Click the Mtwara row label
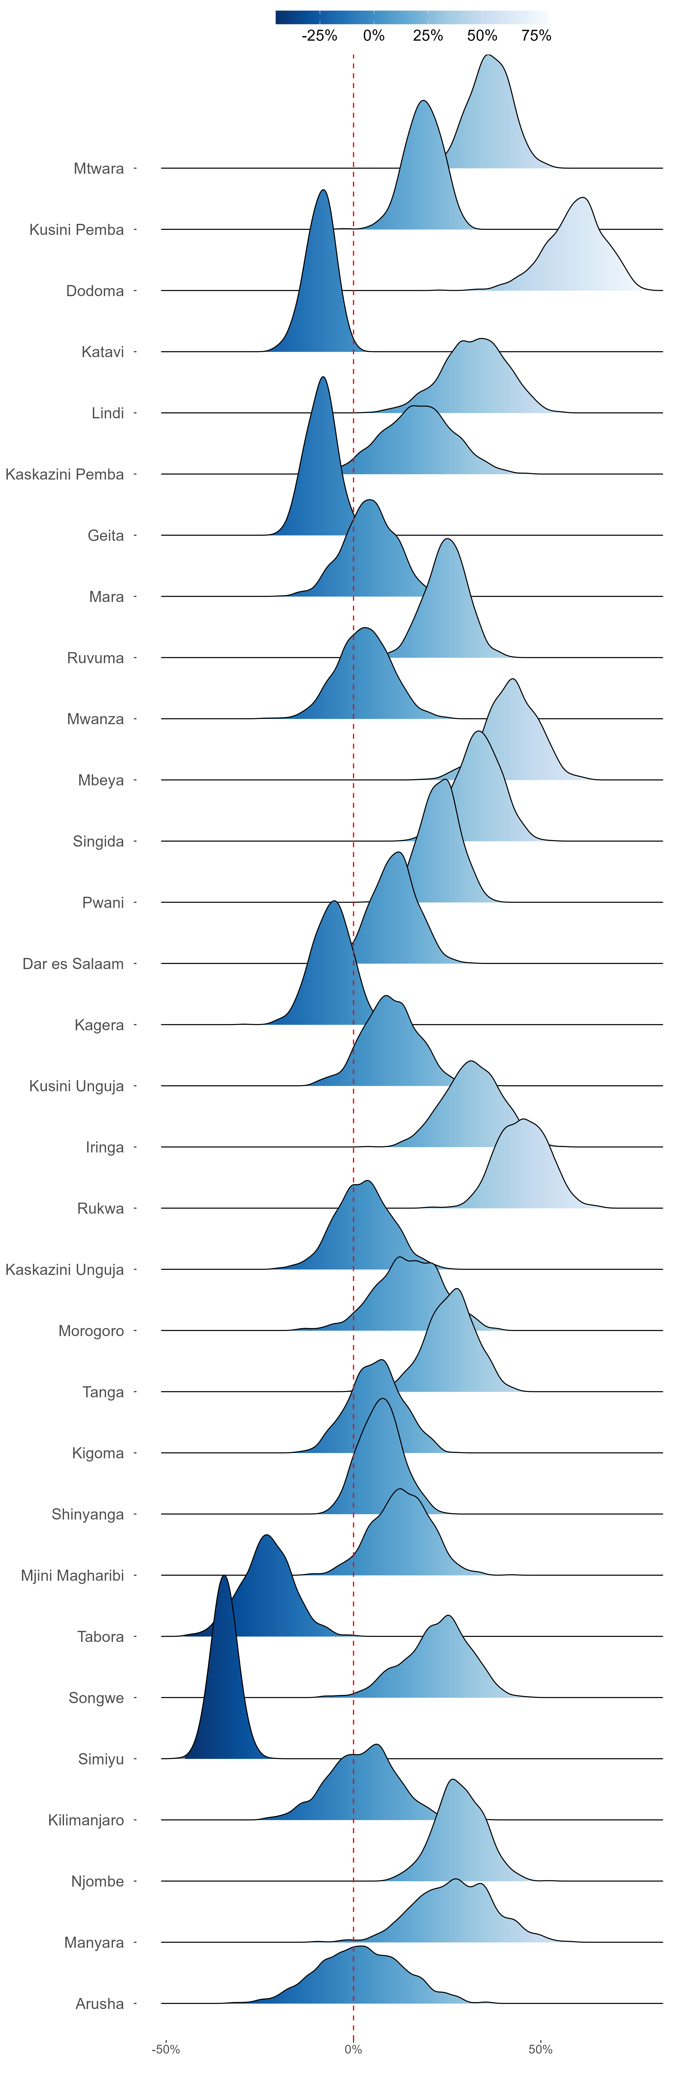coord(98,169)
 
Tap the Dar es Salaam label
coord(73,964)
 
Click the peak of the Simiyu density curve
coord(224,1576)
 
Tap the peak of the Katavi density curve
coord(323,191)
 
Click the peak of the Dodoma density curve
coord(581,198)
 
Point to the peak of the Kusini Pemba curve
coord(423,101)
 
